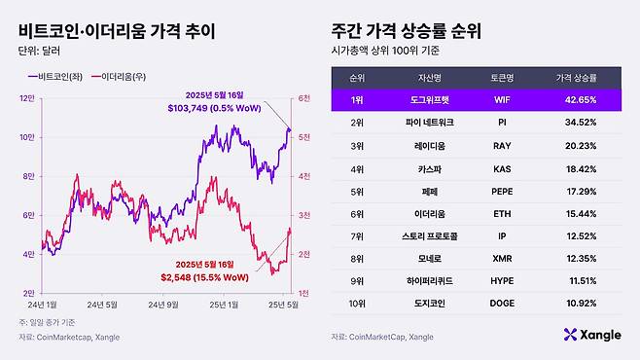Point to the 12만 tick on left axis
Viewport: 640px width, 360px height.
27,98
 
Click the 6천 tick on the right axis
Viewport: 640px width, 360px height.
303,98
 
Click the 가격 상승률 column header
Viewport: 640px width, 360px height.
577,77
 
